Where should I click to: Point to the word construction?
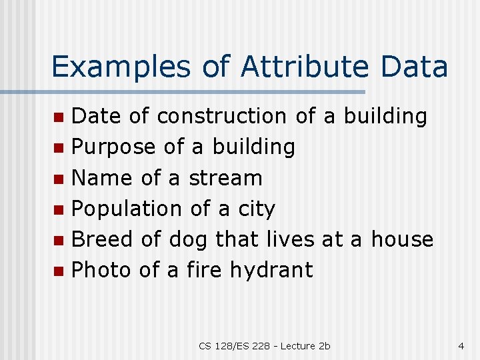221,116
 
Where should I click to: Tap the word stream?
226,178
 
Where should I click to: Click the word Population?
127,209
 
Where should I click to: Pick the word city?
257,209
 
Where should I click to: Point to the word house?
402,239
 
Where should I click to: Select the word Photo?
101,270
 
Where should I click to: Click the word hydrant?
271,270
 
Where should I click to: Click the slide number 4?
461,346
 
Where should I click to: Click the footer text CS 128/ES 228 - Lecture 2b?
264,346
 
